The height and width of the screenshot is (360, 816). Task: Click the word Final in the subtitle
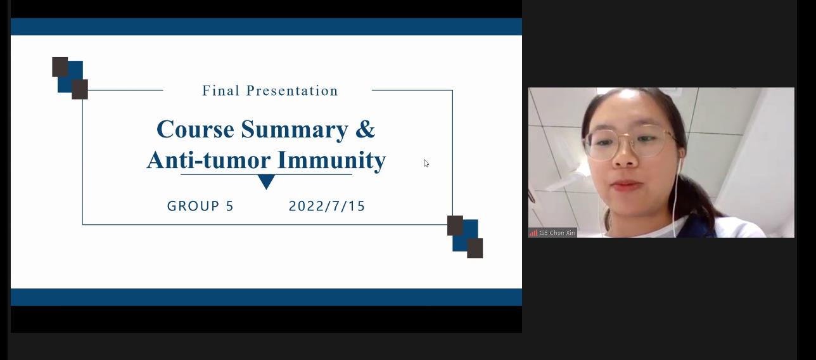pyautogui.click(x=220, y=91)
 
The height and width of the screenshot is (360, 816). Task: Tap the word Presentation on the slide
pyautogui.click(x=292, y=91)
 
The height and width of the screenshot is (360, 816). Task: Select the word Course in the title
pyautogui.click(x=195, y=129)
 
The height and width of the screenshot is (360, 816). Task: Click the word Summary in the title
pyautogui.click(x=295, y=130)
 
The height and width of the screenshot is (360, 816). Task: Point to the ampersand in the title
pyautogui.click(x=365, y=129)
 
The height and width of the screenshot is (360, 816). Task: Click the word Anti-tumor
pyautogui.click(x=208, y=160)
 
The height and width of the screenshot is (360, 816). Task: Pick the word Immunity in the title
pyautogui.click(x=331, y=161)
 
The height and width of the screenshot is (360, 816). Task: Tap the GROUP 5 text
pyautogui.click(x=200, y=206)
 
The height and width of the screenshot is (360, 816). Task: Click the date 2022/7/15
pyautogui.click(x=327, y=206)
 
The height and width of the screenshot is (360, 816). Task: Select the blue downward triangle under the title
pyautogui.click(x=266, y=181)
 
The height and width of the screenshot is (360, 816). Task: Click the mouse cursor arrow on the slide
pyautogui.click(x=426, y=164)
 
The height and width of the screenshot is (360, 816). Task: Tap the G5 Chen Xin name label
pyautogui.click(x=557, y=233)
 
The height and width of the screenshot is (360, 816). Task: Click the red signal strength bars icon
pyautogui.click(x=533, y=233)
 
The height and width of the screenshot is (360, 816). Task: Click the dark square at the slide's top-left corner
pyautogui.click(x=60, y=67)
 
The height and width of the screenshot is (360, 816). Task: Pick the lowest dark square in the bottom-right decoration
pyautogui.click(x=475, y=248)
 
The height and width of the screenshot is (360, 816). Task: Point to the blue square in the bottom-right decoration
pyautogui.click(x=466, y=235)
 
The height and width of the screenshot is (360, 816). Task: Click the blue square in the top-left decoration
pyautogui.click(x=71, y=77)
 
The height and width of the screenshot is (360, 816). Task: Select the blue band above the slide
pyautogui.click(x=266, y=27)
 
